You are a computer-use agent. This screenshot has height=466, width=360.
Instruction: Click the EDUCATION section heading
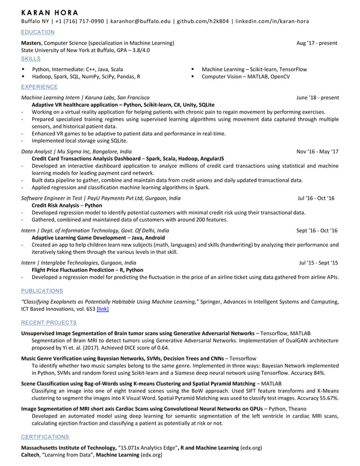(x=37, y=32)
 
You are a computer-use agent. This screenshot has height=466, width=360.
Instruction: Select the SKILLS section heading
(x=30, y=58)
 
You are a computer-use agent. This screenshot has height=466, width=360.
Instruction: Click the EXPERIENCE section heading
(x=39, y=87)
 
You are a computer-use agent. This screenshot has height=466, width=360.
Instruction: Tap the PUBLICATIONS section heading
(x=42, y=291)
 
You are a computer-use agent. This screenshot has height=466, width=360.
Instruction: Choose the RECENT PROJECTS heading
(x=49, y=322)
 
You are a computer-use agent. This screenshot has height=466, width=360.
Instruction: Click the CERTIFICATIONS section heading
(x=45, y=437)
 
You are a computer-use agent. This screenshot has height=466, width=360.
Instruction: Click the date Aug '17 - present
(x=317, y=43)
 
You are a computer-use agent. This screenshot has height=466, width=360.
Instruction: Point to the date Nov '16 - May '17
(x=318, y=152)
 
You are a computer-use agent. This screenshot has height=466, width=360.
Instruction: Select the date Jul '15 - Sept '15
(x=318, y=263)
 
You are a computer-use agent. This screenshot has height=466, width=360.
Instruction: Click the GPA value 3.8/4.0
(x=144, y=50)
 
